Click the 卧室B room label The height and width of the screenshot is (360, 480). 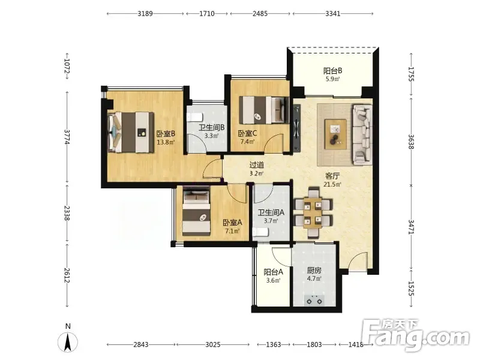click(166, 134)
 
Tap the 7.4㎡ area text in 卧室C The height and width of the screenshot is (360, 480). click(248, 142)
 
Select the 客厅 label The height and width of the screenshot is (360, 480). click(332, 176)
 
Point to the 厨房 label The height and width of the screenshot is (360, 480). click(314, 271)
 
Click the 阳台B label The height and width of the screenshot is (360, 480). click(333, 71)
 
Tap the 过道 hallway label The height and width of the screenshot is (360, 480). click(257, 165)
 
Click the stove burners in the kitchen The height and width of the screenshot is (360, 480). click(314, 301)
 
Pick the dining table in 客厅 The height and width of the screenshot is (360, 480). click(313, 213)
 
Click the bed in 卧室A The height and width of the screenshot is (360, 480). click(196, 212)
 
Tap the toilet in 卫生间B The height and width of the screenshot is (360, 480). click(194, 117)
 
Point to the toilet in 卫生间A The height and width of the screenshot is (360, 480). click(260, 232)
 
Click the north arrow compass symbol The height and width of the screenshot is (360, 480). click(68, 341)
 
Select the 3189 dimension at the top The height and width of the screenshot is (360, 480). click(145, 13)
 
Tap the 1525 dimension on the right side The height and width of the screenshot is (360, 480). click(411, 289)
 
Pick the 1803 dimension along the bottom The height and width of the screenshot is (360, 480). click(314, 344)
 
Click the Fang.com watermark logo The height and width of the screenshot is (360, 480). click(415, 335)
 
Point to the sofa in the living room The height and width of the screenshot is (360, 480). click(362, 135)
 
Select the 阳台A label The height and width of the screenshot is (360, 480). click(274, 272)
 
